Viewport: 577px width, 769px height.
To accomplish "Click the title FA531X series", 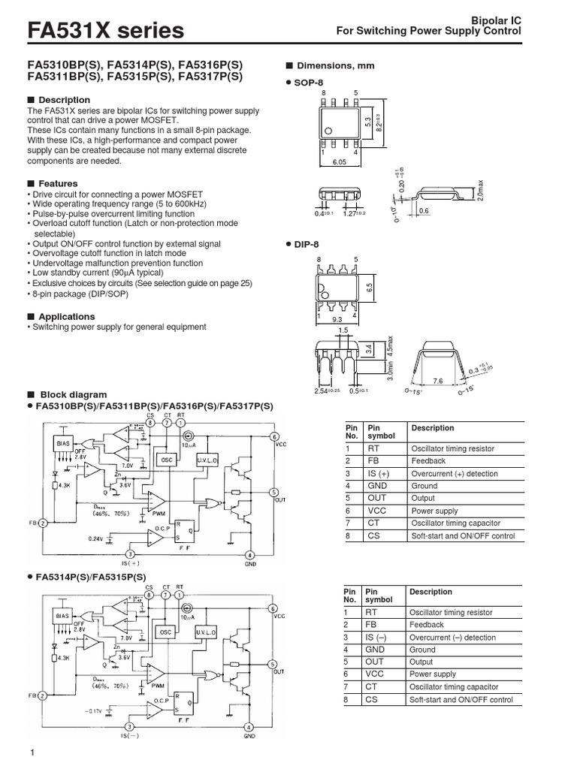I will click(105, 31).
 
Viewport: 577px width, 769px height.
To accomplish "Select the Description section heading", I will click(64, 100).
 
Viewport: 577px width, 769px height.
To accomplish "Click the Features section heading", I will click(58, 183).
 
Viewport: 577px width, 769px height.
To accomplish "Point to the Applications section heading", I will click(66, 317).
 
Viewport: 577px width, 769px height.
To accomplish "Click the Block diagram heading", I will click(72, 394).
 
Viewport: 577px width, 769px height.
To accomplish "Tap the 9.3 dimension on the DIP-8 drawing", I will click(337, 320).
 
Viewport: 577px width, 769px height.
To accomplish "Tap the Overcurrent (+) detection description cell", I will click(453, 474).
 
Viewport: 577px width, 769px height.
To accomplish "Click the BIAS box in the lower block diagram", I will click(62, 614).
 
